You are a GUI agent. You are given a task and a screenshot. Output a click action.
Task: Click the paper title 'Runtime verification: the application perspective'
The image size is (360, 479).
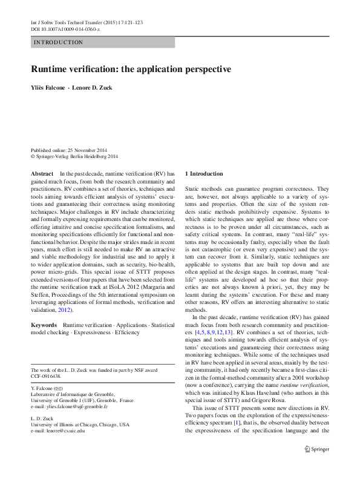pos(131,69)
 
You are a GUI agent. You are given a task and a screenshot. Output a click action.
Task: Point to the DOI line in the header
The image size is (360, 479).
pos(65,28)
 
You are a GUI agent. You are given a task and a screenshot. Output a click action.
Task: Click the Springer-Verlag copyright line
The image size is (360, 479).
pos(74,156)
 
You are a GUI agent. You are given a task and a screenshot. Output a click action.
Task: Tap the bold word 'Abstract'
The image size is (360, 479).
pos(42,173)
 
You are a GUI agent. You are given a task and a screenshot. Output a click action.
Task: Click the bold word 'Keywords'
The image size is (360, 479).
pos(44,325)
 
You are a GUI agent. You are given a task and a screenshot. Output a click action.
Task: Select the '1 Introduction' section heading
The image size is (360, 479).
pos(204,174)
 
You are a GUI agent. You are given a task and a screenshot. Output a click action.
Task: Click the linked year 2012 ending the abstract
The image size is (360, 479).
pos(64,310)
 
